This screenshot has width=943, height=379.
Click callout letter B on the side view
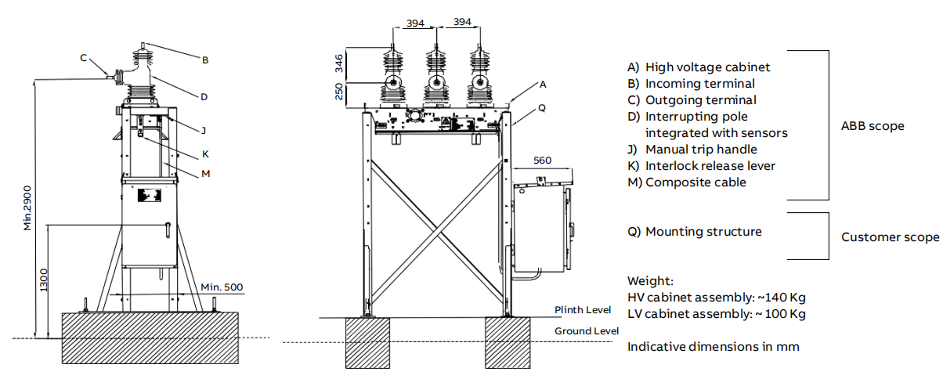pos(205,60)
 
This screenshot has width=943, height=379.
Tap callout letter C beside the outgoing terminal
pos(84,57)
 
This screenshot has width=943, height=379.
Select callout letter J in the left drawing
pos(203,131)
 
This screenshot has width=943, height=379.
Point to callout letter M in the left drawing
pos(206,173)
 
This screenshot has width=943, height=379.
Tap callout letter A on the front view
pos(543,83)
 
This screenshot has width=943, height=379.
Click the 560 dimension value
pos(542,161)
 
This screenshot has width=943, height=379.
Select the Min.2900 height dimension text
pos(27,208)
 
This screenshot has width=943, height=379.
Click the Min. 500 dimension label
pos(222,287)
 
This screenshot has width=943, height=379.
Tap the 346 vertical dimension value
pos(340,64)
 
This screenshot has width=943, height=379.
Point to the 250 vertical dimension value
pos(340,92)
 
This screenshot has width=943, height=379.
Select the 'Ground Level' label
pos(587,331)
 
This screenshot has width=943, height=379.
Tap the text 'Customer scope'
pos(890,237)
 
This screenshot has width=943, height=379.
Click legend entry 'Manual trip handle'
pos(701,149)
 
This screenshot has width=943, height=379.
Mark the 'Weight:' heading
pos(650,280)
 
